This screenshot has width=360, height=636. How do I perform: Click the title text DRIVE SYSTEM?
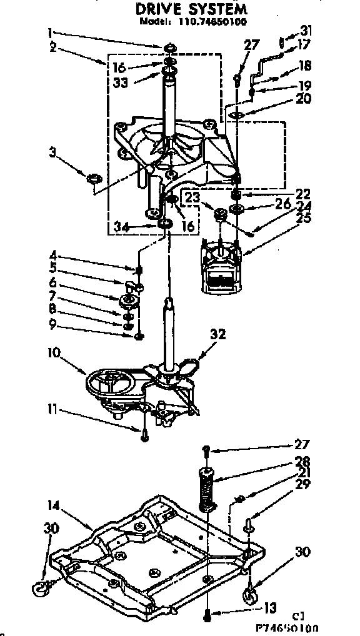[x=191, y=9]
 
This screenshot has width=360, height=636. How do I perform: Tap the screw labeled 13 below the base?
[x=207, y=614]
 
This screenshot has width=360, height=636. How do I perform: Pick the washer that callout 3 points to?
[x=94, y=180]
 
